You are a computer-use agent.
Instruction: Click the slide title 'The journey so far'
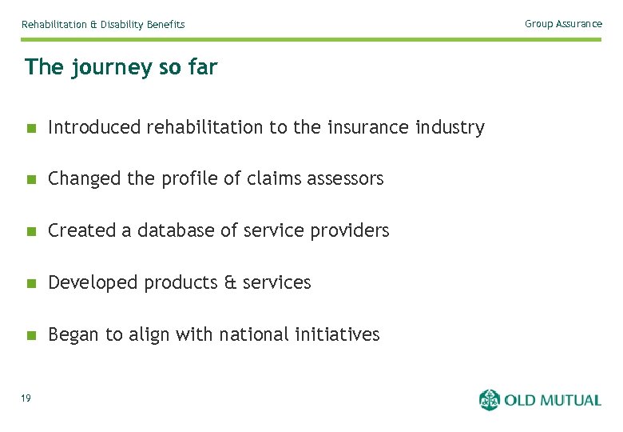(x=121, y=67)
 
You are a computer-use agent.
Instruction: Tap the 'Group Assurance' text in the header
(x=563, y=24)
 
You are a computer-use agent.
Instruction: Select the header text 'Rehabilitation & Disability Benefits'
(x=103, y=25)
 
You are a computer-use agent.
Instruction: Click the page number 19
(x=26, y=398)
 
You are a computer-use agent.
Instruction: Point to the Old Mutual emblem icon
(x=489, y=399)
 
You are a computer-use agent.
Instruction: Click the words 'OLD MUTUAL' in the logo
(x=552, y=400)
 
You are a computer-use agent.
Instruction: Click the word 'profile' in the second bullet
(x=188, y=179)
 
